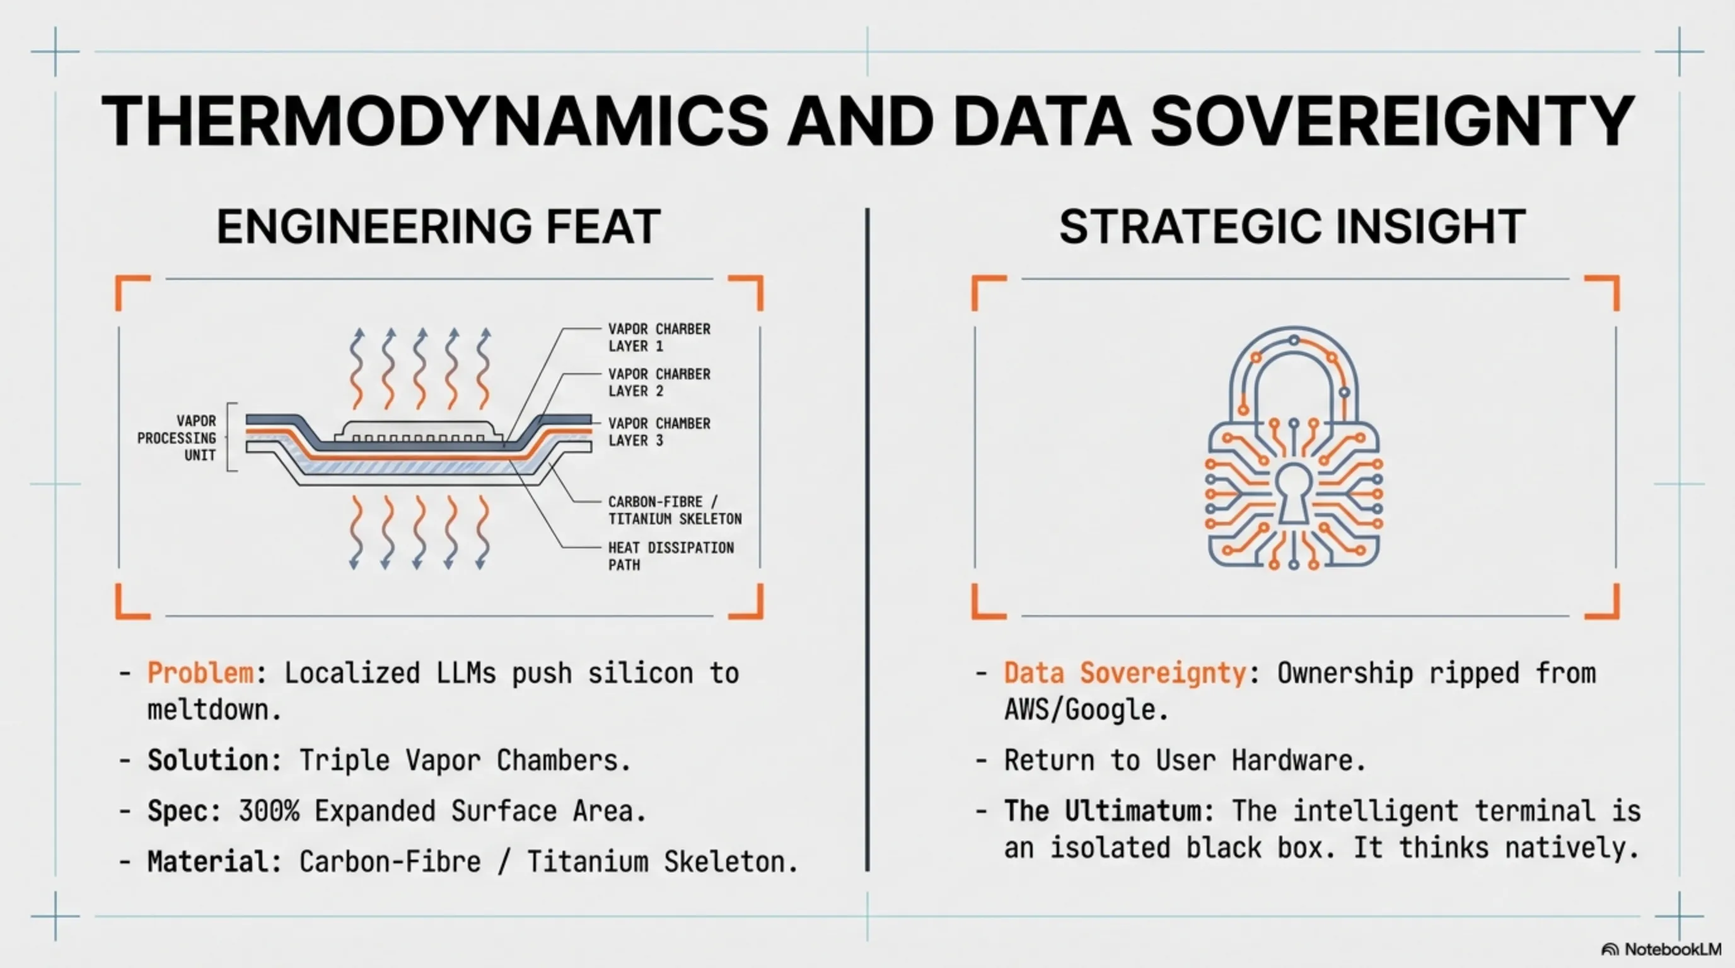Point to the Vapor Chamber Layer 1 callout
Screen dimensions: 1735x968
coord(659,337)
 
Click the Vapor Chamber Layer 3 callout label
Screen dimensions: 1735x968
coord(659,432)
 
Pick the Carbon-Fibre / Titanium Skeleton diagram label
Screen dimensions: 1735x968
coord(675,510)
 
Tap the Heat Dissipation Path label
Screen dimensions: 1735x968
coord(671,556)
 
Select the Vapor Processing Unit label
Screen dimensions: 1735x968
coord(177,438)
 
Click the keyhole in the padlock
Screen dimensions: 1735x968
coord(1294,493)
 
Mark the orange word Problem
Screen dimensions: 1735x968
coord(200,673)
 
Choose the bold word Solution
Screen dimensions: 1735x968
coord(208,761)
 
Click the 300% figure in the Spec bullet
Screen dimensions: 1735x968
coord(269,811)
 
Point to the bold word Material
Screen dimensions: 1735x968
coord(208,861)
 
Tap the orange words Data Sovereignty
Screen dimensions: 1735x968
coord(1125,673)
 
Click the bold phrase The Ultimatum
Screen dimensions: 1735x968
coord(1102,811)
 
